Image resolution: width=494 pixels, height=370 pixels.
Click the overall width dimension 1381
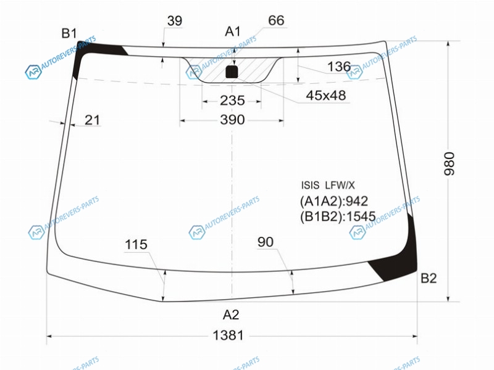tap(228, 335)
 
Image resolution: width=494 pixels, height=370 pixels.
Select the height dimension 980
tap(450, 163)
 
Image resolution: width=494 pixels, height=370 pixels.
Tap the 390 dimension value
tap(232, 120)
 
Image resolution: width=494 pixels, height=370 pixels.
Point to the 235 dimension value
tap(232, 101)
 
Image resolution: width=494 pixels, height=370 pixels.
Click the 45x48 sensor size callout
tap(326, 95)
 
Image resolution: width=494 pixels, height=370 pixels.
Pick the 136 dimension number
tap(339, 67)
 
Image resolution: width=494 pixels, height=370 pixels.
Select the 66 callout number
tap(276, 20)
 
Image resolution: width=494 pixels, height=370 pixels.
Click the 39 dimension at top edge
tap(175, 21)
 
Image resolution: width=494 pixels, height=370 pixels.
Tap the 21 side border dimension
tap(92, 120)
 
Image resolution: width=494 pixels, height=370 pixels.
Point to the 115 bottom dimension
tap(136, 244)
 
